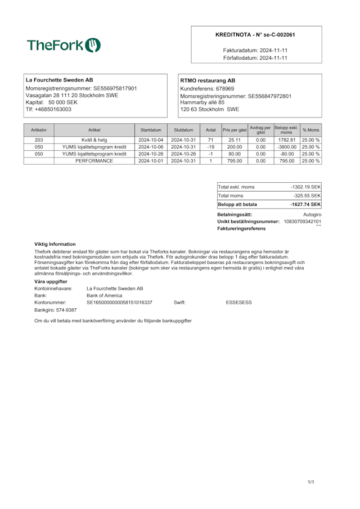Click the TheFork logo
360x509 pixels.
(64, 46)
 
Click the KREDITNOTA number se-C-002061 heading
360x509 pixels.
(255, 35)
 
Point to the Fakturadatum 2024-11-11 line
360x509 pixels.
(255, 50)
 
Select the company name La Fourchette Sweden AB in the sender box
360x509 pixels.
(60, 80)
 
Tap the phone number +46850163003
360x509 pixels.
(48, 109)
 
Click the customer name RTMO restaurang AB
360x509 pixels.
(208, 80)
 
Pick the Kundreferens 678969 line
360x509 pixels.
(207, 88)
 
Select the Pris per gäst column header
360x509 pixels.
(235, 130)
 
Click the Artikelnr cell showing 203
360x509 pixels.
(39, 140)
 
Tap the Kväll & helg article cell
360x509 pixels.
(94, 140)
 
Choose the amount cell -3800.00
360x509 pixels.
(286, 147)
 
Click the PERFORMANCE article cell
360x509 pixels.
(94, 160)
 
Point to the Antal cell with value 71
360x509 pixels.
(210, 140)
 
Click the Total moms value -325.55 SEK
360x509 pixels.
(307, 195)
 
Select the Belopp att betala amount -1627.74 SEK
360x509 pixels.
(305, 204)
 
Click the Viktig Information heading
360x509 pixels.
(55, 244)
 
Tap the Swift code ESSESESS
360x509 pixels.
(238, 303)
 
